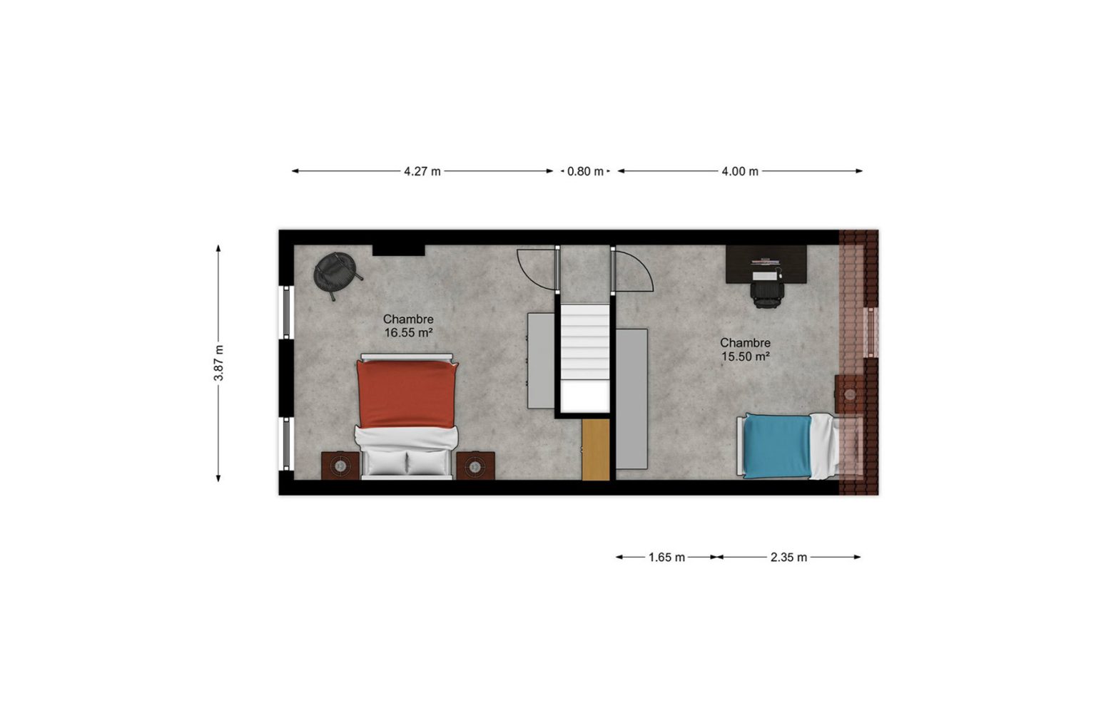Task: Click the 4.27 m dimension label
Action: tap(422, 172)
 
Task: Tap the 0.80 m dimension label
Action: tap(585, 172)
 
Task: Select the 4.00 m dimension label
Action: tap(740, 172)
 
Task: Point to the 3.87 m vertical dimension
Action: tap(219, 363)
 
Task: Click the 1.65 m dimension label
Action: tap(666, 558)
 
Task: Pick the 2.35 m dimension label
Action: tap(788, 558)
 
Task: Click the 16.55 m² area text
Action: tap(408, 333)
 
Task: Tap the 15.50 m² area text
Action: tap(746, 357)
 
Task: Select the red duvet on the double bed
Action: tap(407, 394)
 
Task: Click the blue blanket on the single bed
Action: tap(778, 446)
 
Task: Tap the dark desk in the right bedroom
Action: tap(766, 264)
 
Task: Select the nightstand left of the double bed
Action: tap(340, 466)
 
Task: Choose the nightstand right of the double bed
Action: tap(475, 466)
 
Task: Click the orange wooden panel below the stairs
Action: tap(596, 449)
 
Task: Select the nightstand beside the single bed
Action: tap(849, 394)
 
